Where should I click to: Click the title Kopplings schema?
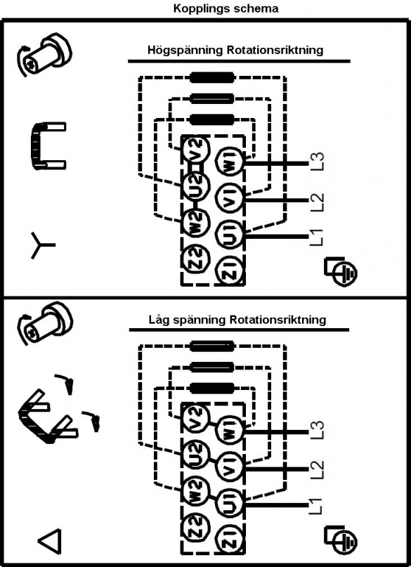[x=226, y=8]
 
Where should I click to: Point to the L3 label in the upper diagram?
[x=317, y=162]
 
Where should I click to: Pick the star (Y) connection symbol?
[x=42, y=245]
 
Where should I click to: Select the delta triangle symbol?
[x=50, y=541]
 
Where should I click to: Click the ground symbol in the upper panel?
[x=341, y=272]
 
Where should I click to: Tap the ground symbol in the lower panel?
[x=341, y=540]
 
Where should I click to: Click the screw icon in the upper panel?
[x=44, y=55]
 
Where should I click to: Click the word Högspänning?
[x=185, y=50]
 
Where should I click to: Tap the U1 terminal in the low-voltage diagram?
[x=230, y=503]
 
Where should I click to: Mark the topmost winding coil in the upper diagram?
[x=212, y=77]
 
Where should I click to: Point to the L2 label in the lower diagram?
[x=317, y=469]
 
